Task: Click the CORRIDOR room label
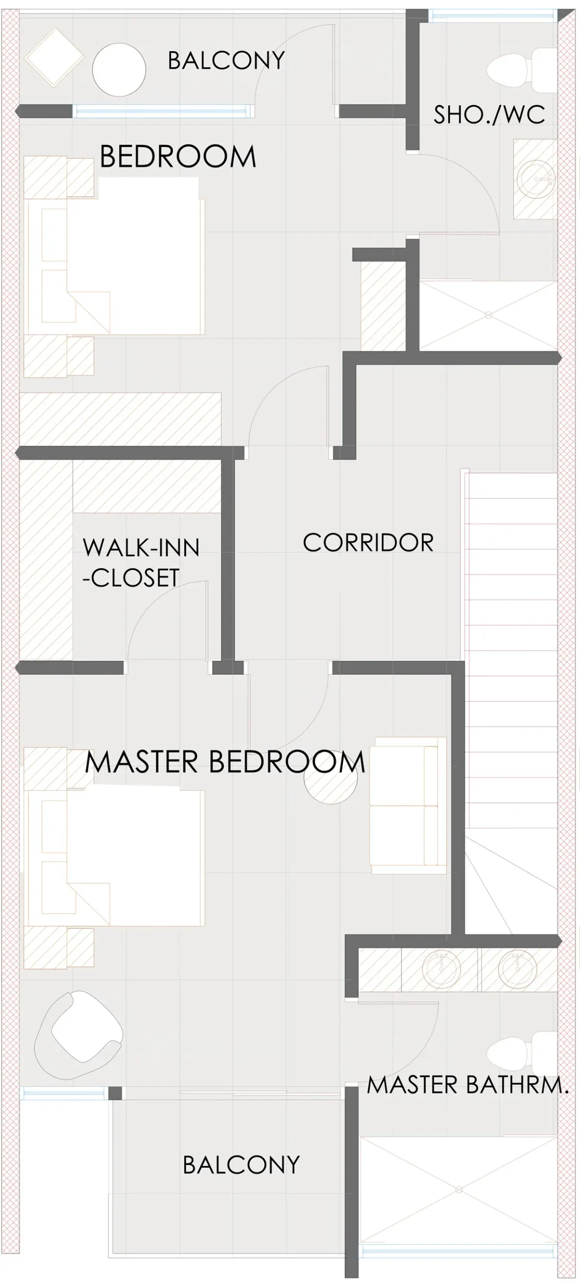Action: point(368,543)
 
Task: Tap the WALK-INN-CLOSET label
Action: point(141,562)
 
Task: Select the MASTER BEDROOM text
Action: point(225,761)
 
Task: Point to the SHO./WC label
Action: point(489,114)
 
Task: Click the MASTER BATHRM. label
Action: point(468,1085)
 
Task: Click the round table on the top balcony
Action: point(119,70)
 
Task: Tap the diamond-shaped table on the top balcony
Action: point(54,57)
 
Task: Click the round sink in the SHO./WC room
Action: point(536,179)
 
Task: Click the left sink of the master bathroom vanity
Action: point(441,969)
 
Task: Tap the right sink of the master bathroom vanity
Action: point(517,969)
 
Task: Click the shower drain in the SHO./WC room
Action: point(488,315)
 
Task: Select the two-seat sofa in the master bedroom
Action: point(408,806)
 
